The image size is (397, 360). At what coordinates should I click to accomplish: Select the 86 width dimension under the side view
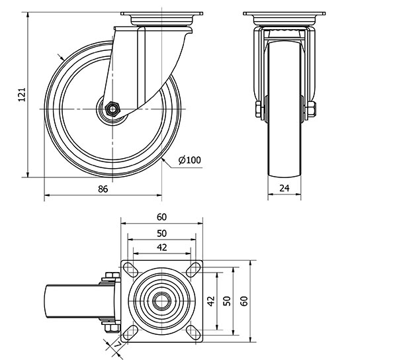coord(103,189)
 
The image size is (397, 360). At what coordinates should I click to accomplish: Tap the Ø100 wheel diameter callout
coord(189,159)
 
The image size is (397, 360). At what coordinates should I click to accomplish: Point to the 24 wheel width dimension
coord(284,189)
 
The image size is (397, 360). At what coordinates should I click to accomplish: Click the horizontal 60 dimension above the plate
coord(162,217)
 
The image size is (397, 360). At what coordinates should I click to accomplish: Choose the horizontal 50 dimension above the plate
coord(162,233)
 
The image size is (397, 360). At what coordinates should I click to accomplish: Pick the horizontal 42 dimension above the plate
coord(162,247)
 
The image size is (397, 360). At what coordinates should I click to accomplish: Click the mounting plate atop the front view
coord(284,17)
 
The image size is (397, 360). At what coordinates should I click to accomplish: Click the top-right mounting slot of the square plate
coord(193,269)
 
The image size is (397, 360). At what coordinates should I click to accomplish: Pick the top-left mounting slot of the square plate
coord(130,269)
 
